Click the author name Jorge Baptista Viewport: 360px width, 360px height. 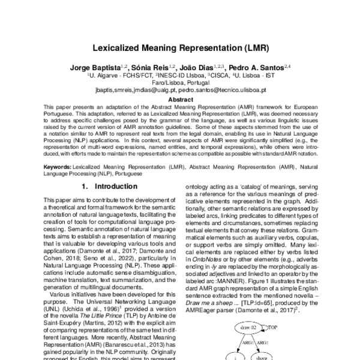[x=93, y=69]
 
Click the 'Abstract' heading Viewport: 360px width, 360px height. [x=180, y=100]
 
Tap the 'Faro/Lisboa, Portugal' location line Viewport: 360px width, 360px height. [x=180, y=83]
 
